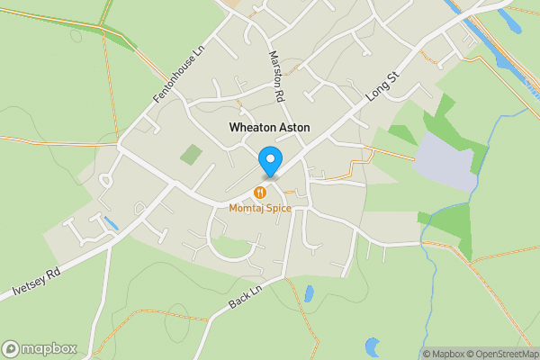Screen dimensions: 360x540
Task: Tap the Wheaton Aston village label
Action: [x=269, y=128]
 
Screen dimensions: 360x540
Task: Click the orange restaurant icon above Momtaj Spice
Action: [x=260, y=192]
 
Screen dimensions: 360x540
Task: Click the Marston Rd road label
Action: [x=277, y=75]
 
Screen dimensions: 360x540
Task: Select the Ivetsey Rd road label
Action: [x=36, y=283]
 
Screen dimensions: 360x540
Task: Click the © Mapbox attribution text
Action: [x=443, y=354]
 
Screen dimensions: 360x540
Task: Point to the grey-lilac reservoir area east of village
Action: [x=445, y=162]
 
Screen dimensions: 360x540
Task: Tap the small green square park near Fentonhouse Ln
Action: [x=191, y=155]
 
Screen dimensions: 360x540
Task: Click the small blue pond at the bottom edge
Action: [x=373, y=346]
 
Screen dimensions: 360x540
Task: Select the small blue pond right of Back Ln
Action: [x=309, y=293]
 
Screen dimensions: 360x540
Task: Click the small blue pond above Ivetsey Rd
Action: [x=110, y=222]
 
